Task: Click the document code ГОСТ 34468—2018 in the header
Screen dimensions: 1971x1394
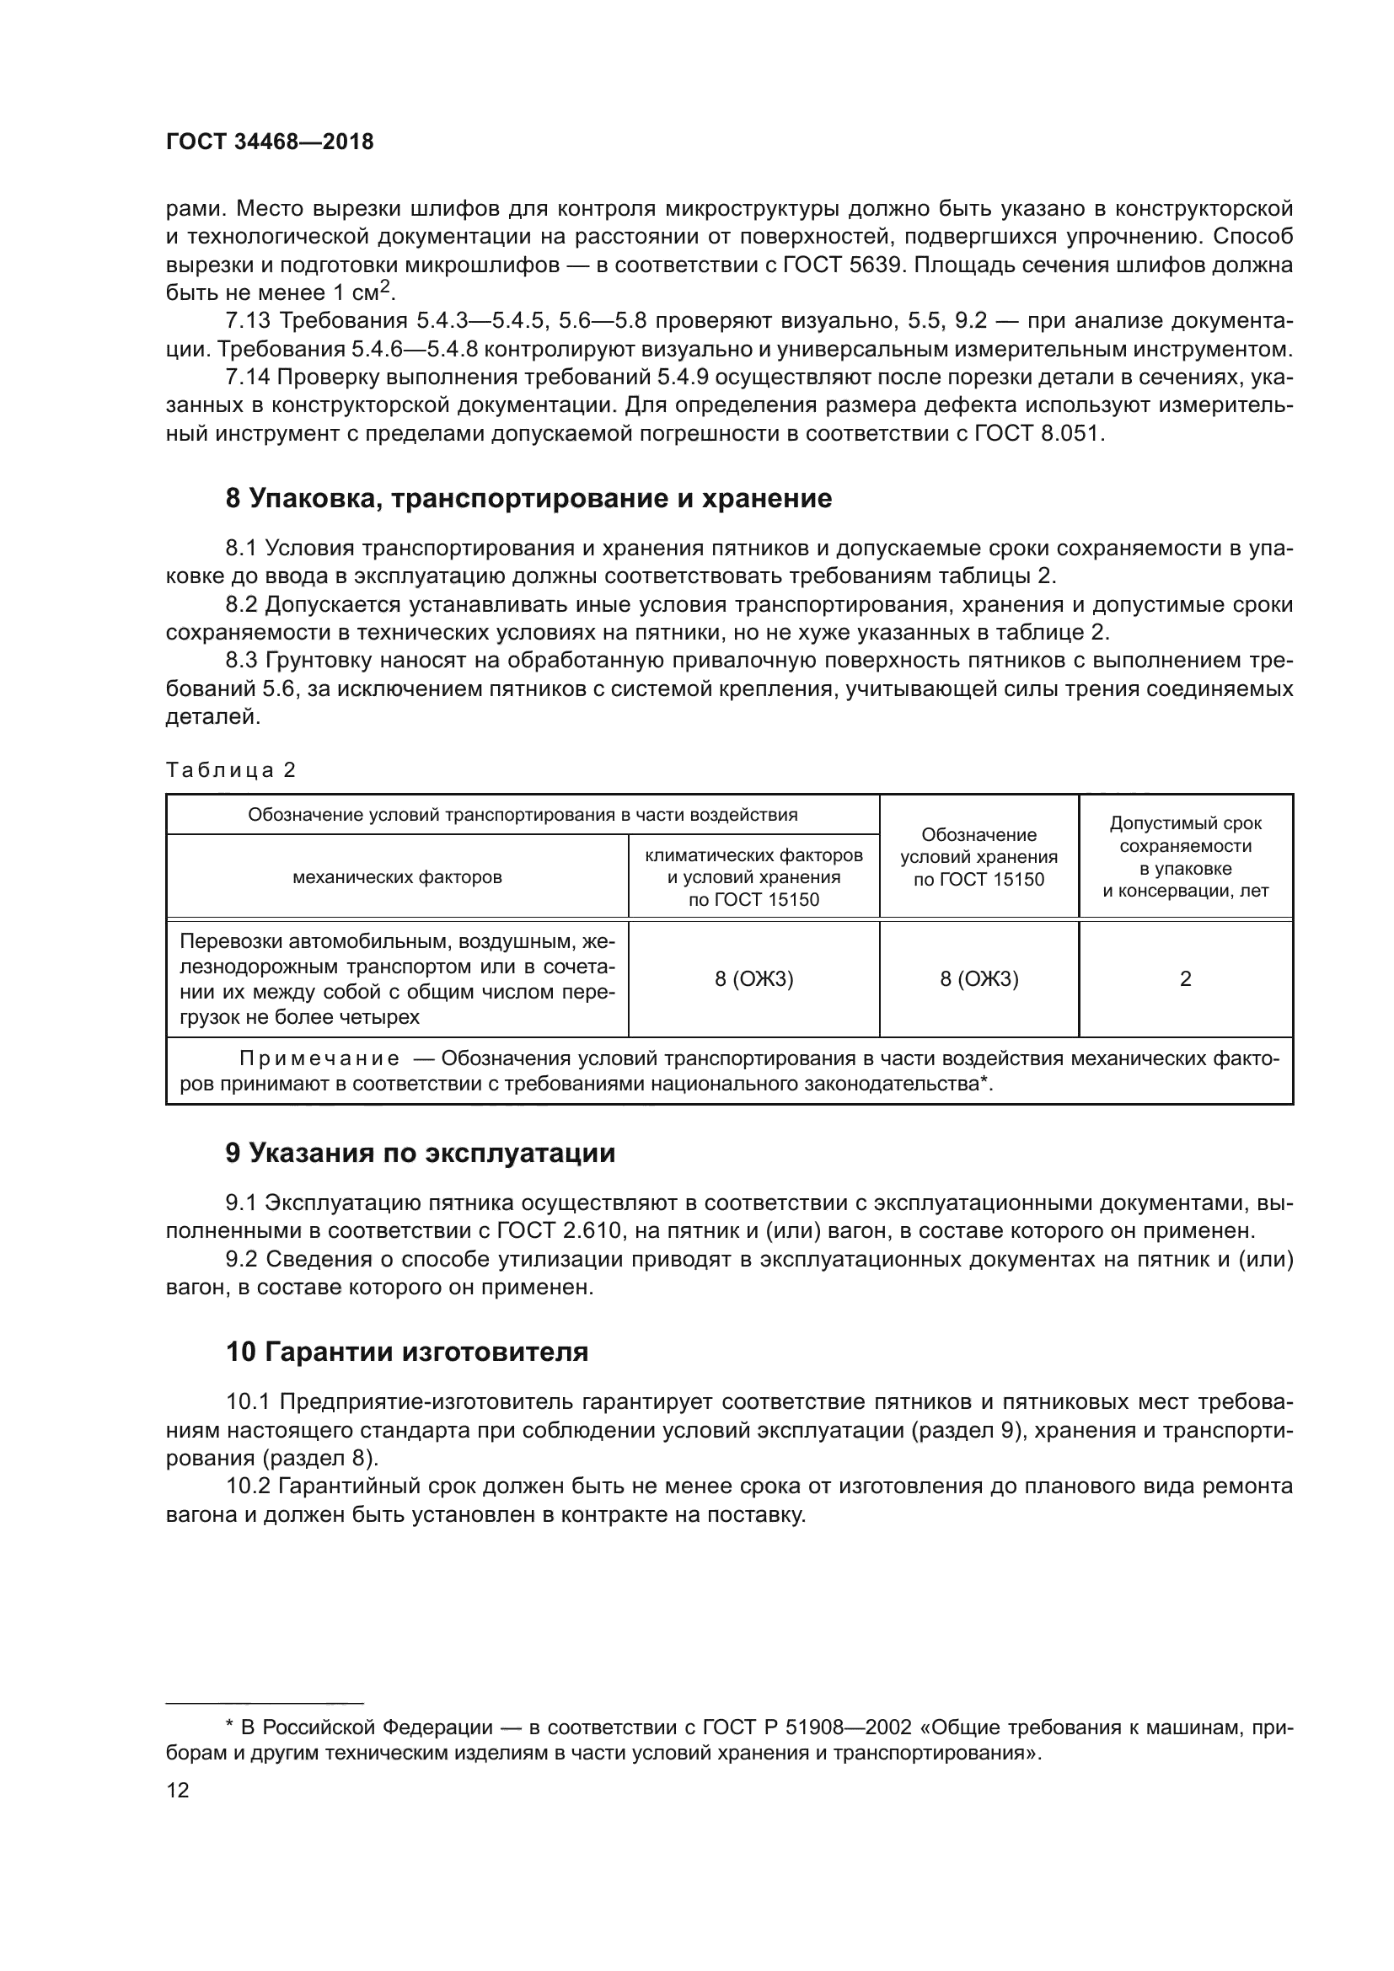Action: click(x=270, y=142)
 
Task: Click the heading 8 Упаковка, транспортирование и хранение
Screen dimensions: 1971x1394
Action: click(x=528, y=499)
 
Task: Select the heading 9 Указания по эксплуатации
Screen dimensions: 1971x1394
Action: click(x=420, y=1153)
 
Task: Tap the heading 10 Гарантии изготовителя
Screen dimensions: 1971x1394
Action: click(x=407, y=1352)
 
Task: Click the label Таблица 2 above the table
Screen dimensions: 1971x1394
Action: click(x=230, y=770)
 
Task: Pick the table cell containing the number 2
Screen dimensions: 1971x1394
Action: click(x=1186, y=978)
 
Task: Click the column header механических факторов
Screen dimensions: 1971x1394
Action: click(x=398, y=877)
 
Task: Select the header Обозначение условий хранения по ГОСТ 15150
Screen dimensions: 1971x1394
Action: click(x=978, y=857)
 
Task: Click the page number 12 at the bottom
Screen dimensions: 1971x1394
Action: click(x=178, y=1790)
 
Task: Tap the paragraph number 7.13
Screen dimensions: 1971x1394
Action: click(x=248, y=321)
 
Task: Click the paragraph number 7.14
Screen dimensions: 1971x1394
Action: click(x=248, y=378)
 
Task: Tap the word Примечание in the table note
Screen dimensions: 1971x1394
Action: click(x=319, y=1058)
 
